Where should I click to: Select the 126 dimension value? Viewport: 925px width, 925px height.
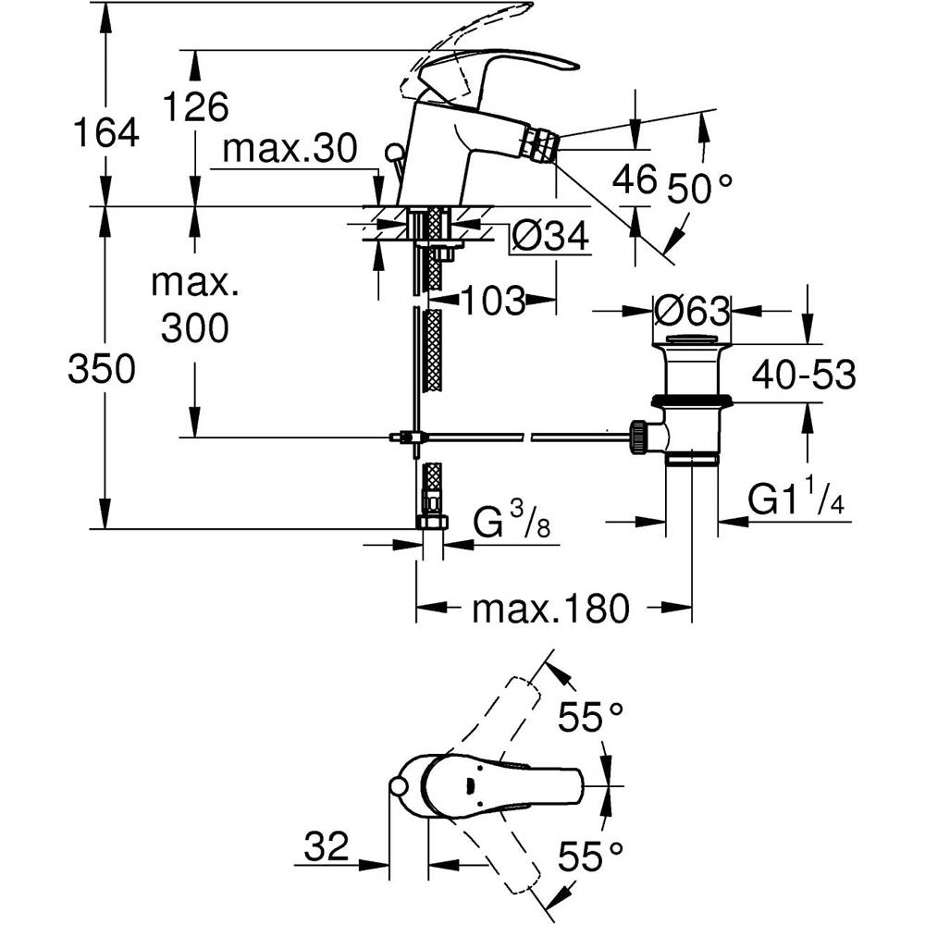coord(194,107)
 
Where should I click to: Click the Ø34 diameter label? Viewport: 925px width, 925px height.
coord(550,238)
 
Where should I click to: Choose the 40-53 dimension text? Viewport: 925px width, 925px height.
coord(802,376)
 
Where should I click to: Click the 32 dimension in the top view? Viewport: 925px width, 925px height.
coord(326,845)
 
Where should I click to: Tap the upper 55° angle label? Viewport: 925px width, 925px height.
coord(589,715)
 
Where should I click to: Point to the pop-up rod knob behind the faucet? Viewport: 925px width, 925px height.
coord(393,151)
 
